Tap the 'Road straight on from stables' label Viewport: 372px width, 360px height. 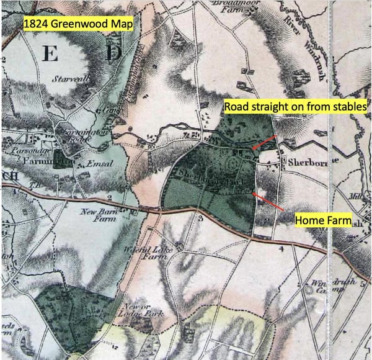(x=296, y=106)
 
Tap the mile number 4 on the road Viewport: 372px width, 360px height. (x=281, y=250)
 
